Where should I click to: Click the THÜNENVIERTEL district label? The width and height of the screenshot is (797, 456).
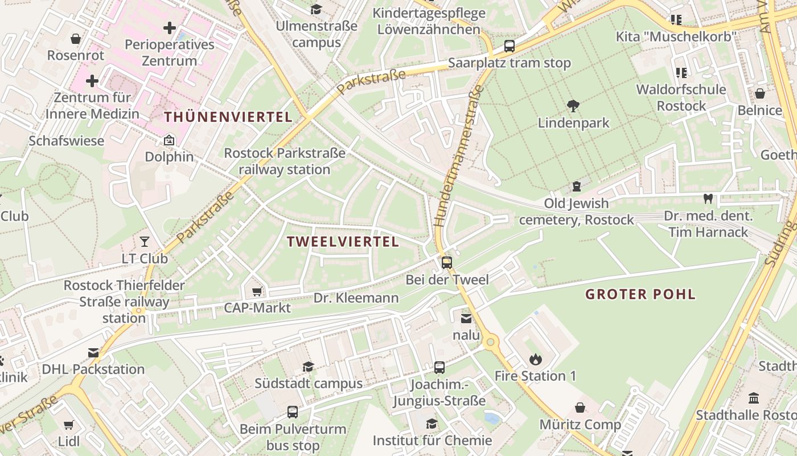coord(228,117)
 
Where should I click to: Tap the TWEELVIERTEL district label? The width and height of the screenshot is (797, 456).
coord(343,242)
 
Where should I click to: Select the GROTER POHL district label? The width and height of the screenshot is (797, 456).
coord(640,295)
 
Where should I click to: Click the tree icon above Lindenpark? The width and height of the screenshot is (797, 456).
coord(573,105)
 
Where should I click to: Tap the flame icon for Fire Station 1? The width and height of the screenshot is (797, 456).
coord(535,359)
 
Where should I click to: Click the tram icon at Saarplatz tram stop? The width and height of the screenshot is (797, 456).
coord(510,46)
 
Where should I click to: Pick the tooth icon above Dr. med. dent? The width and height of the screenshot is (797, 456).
coord(708,199)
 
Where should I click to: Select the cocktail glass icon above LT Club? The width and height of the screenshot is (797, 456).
coord(145,242)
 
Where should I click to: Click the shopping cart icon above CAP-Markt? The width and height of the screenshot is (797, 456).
coord(257,291)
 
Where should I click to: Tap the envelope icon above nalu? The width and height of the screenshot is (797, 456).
coord(466,319)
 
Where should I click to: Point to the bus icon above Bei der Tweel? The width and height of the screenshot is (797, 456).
coord(447,263)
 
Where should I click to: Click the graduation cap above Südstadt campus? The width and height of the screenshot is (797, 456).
coord(308,367)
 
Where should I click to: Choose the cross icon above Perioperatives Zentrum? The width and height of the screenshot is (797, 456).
coord(170,27)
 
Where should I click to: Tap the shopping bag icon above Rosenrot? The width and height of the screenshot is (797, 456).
coord(75,39)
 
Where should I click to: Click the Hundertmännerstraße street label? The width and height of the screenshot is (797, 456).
coord(458,156)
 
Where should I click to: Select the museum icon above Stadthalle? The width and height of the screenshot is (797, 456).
coord(754,398)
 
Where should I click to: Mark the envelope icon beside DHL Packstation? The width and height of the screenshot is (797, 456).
coord(93,353)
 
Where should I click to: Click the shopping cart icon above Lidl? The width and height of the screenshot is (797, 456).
coord(69,425)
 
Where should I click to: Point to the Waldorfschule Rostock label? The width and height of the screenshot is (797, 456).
coord(681,97)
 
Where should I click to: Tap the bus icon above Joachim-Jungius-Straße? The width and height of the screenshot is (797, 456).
coord(439,367)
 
